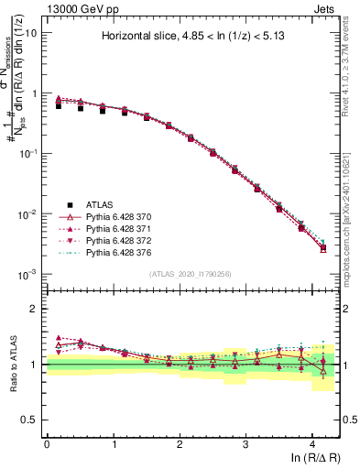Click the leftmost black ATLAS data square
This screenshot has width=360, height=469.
point(58,106)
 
